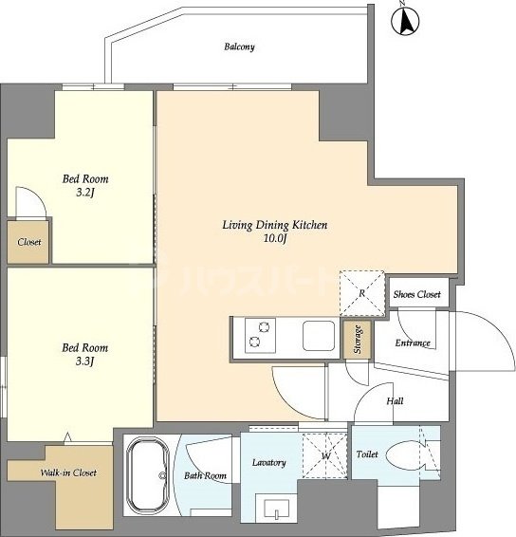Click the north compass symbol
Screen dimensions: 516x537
coord(405,20)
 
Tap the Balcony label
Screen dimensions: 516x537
coord(239,46)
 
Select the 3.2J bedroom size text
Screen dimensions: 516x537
coord(85,193)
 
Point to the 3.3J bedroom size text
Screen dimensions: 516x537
coord(85,361)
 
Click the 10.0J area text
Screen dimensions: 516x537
coord(275,238)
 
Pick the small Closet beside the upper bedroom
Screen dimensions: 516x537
coord(28,242)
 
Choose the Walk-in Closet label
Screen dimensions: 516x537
coord(68,472)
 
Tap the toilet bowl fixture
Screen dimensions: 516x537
coord(406,455)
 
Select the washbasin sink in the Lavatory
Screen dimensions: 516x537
coord(277,509)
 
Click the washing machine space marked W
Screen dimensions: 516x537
coord(325,455)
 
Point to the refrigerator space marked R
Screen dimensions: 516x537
coord(362,293)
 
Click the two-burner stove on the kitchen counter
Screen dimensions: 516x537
coord(260,335)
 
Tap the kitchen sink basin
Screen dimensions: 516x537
coord(319,336)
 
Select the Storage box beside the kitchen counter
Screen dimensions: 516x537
coord(358,340)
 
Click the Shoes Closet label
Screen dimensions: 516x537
coord(416,294)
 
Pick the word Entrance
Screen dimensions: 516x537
coord(413,343)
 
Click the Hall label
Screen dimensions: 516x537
coord(395,400)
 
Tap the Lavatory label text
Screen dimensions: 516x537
coord(269,463)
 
